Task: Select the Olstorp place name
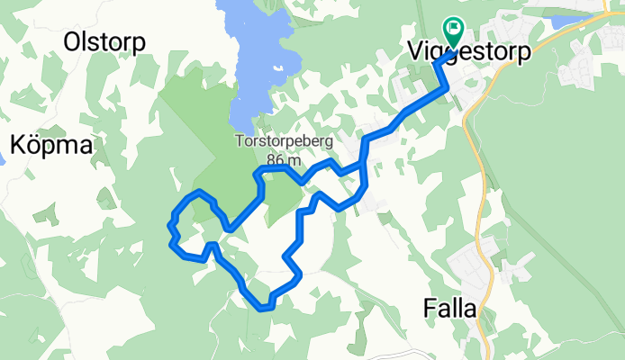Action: tap(105, 40)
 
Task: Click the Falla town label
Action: tap(449, 308)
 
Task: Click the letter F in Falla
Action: tap(429, 308)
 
